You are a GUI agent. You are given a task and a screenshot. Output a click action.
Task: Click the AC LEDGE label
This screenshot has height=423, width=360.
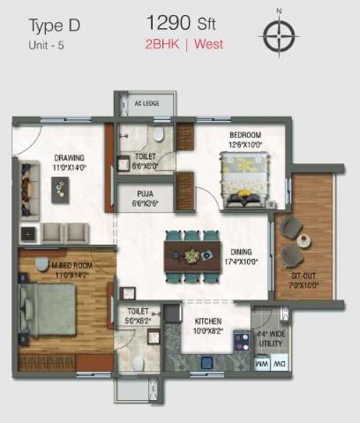pyautogui.click(x=146, y=104)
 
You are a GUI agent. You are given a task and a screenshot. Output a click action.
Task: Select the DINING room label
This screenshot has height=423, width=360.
pyautogui.click(x=241, y=251)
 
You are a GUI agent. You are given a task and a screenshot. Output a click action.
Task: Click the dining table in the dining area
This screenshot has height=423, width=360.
pyautogui.click(x=191, y=256)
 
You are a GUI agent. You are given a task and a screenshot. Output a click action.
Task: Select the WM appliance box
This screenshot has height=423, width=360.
pyautogui.click(x=260, y=363)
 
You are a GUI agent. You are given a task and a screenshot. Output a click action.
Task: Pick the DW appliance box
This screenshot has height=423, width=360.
pyautogui.click(x=280, y=363)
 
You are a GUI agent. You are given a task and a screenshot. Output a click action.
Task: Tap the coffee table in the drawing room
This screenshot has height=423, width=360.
pyautogui.click(x=58, y=185)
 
